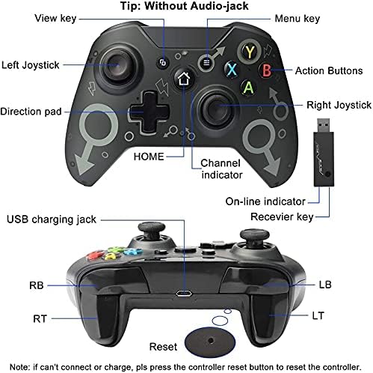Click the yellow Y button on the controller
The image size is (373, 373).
pos(250,52)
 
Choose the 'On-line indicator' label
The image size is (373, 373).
pos(265,201)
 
